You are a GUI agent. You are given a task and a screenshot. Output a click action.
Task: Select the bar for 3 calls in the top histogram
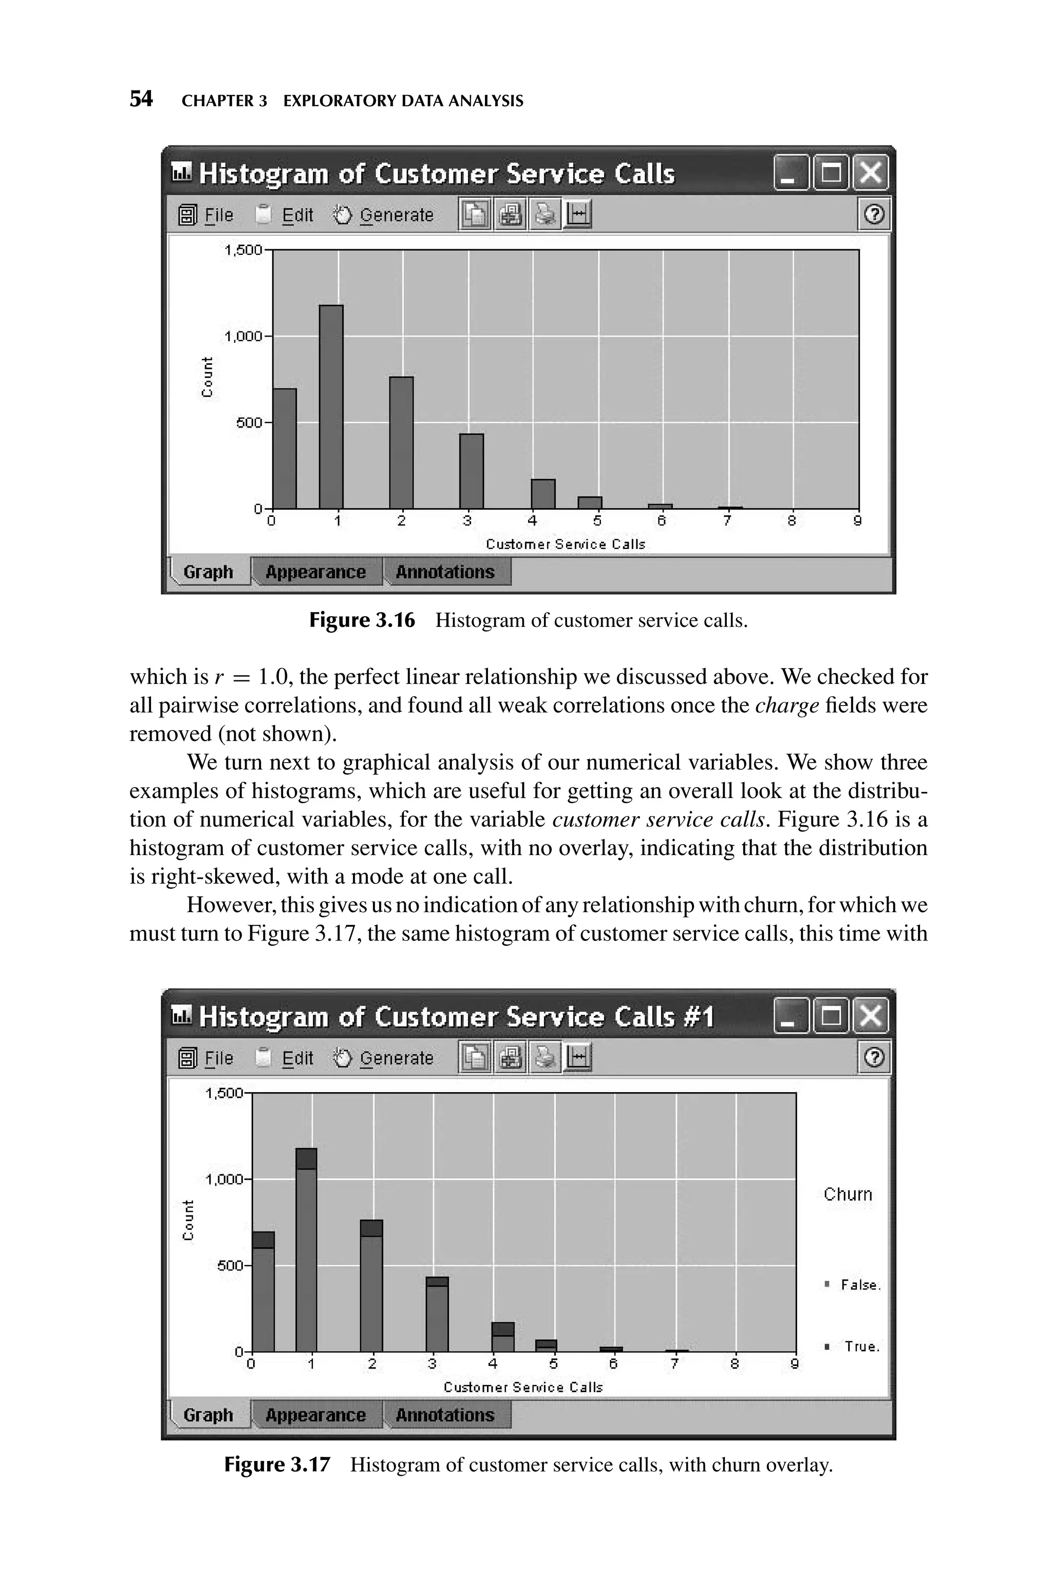[x=471, y=471]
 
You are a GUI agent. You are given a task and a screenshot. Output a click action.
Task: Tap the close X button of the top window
[x=870, y=173]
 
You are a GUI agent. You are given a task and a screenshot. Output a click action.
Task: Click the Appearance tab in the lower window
[x=315, y=1415]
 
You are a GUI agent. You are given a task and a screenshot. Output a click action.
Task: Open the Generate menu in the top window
[x=396, y=215]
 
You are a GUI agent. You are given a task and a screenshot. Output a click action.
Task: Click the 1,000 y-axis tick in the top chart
[x=243, y=336]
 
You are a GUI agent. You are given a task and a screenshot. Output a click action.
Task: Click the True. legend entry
[x=861, y=1347]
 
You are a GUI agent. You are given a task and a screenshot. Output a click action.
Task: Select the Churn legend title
[x=848, y=1194]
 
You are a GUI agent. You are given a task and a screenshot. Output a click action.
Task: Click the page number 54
[x=141, y=99]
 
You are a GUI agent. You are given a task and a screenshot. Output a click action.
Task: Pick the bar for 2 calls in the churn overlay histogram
[x=371, y=1286]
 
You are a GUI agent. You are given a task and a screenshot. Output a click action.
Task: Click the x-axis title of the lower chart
[x=523, y=1387]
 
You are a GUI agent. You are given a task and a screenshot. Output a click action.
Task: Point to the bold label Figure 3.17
[x=277, y=1464]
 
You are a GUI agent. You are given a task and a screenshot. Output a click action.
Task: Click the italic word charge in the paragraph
[x=786, y=705]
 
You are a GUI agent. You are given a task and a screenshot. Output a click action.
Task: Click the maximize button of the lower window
[x=831, y=1016]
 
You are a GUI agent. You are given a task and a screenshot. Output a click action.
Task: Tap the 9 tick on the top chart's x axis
[x=857, y=521]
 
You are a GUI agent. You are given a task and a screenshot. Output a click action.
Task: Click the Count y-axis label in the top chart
[x=208, y=377]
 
